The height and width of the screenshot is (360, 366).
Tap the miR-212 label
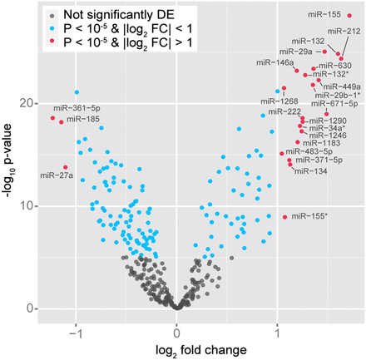click(x=344, y=31)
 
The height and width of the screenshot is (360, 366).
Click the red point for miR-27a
click(x=66, y=167)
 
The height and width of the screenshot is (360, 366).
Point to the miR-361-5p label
click(x=76, y=108)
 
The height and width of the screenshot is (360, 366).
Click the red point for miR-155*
click(x=285, y=217)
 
